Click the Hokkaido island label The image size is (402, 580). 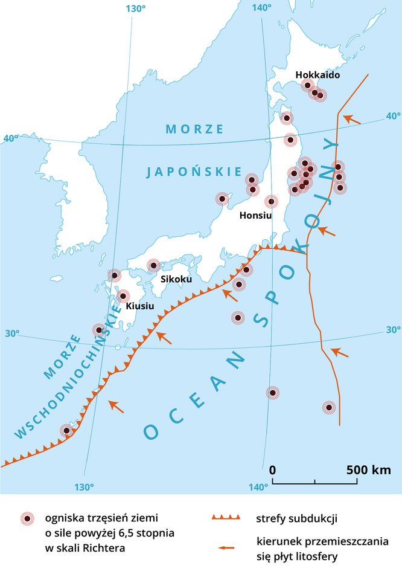coord(317,75)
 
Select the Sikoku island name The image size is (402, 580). coord(176,279)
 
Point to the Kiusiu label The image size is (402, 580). coord(140,306)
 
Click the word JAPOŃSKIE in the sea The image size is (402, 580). coord(194,172)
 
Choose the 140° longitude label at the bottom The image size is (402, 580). coord(258,487)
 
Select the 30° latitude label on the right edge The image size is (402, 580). coord(394,330)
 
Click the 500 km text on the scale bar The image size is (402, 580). coord(368,470)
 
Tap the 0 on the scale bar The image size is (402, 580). coord(273,470)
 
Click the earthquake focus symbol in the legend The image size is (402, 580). coord(27,518)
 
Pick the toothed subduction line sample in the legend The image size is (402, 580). coord(226,518)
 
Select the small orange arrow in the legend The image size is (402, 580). coord(226,547)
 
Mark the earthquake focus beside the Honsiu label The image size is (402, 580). coord(272,201)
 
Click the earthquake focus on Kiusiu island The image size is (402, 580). coord(123,296)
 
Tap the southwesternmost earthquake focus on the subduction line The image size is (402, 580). coord(67,430)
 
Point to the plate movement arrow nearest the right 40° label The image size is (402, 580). coord(352,120)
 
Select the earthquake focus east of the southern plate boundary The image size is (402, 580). coord(329,407)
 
